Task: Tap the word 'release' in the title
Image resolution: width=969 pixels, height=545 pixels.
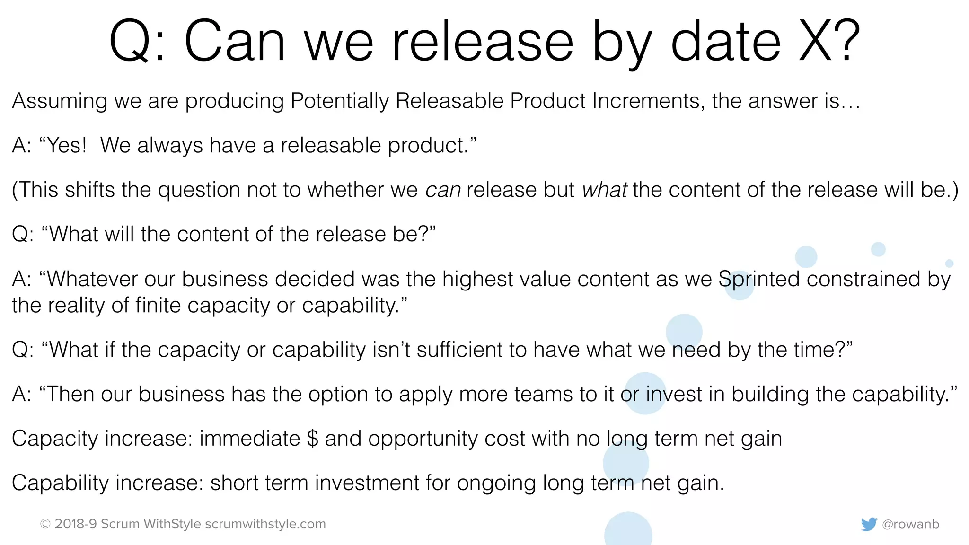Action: pos(483,42)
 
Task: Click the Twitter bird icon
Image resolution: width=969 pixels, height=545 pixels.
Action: pos(869,524)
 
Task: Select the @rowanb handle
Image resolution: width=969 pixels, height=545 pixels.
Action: pos(910,524)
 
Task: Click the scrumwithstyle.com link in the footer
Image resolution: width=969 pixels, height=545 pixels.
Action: pos(265,524)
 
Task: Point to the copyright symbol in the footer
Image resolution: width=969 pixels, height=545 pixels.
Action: pos(45,524)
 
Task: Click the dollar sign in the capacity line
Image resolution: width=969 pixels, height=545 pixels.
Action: pos(312,438)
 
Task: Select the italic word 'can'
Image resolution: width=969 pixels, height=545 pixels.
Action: pos(443,190)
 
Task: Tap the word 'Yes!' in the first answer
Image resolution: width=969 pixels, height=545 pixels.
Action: pos(67,145)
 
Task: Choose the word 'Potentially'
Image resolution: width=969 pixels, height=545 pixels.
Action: pos(339,101)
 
